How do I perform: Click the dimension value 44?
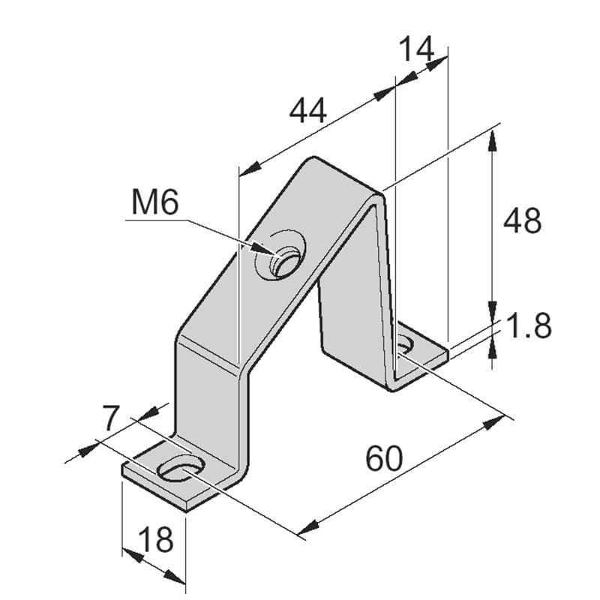(x=308, y=112)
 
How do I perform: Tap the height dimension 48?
(x=522, y=221)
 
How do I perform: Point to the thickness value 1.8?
(x=529, y=327)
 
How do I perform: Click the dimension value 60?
(x=384, y=458)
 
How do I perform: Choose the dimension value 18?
(x=156, y=538)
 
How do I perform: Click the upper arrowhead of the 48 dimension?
(x=492, y=139)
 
